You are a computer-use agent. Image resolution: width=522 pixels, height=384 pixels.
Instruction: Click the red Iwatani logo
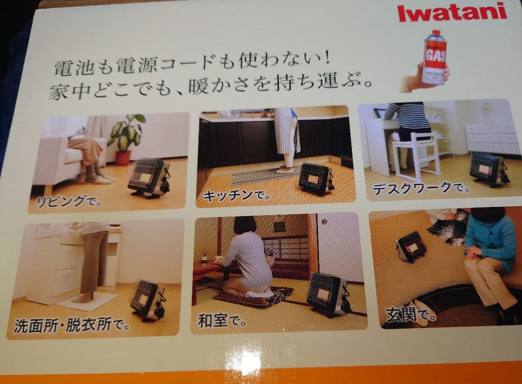point(451,12)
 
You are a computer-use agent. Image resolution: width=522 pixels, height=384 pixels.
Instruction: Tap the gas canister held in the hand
point(434,57)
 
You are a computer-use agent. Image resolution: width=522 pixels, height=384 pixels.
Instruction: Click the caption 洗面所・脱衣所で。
point(72,323)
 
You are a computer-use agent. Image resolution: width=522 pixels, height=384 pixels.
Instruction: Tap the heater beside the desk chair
point(487,168)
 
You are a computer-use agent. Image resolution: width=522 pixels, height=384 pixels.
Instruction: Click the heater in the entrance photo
point(411,246)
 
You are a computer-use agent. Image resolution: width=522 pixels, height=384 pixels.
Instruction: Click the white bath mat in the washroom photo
point(87,302)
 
